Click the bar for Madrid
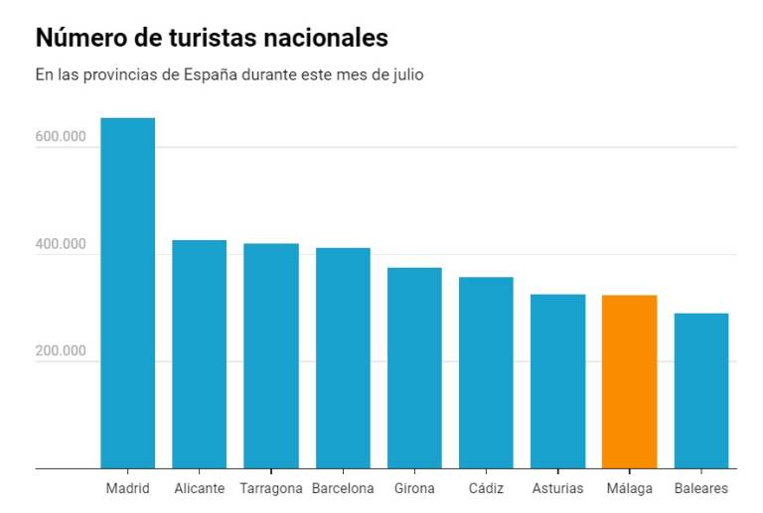click(128, 293)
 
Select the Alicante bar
click(199, 354)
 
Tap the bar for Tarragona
click(271, 355)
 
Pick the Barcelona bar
click(343, 357)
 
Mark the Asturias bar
click(557, 381)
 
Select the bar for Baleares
click(700, 390)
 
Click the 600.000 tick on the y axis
click(61, 137)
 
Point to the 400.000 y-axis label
click(61, 244)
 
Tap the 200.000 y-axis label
click(61, 351)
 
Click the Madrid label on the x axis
click(128, 488)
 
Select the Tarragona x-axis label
click(270, 488)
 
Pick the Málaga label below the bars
click(629, 488)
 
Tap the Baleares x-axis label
click(700, 488)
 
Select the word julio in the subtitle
click(405, 74)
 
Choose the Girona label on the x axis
click(414, 488)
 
